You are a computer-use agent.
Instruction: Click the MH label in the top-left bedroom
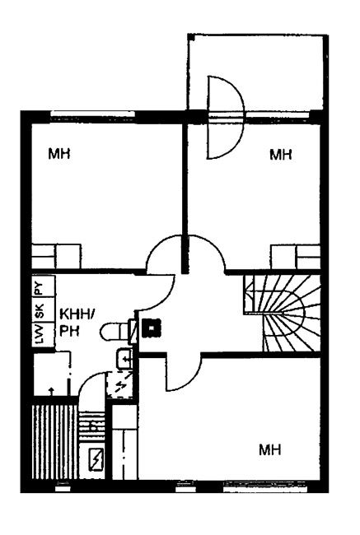click(x=59, y=154)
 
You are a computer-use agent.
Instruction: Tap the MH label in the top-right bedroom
click(x=281, y=155)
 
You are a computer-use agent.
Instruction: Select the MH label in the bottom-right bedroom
click(x=270, y=449)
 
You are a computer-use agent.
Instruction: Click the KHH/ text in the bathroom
click(x=77, y=314)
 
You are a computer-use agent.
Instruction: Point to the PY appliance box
click(x=44, y=286)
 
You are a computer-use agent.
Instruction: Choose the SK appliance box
click(x=44, y=309)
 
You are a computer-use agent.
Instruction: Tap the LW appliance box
click(x=44, y=335)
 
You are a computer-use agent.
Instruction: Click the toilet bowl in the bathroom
click(x=115, y=332)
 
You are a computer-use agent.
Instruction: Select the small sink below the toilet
click(x=124, y=359)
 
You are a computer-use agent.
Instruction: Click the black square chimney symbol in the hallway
click(x=152, y=328)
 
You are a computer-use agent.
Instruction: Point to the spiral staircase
click(x=282, y=314)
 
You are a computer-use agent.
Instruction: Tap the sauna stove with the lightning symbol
click(x=96, y=459)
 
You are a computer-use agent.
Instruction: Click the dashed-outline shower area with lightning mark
click(x=119, y=385)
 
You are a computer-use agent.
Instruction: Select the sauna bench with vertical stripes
click(x=54, y=442)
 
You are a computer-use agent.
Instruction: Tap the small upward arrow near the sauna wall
click(x=51, y=391)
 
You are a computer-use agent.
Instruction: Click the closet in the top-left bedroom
click(x=56, y=256)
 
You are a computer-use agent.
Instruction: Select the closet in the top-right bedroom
click(x=296, y=257)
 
